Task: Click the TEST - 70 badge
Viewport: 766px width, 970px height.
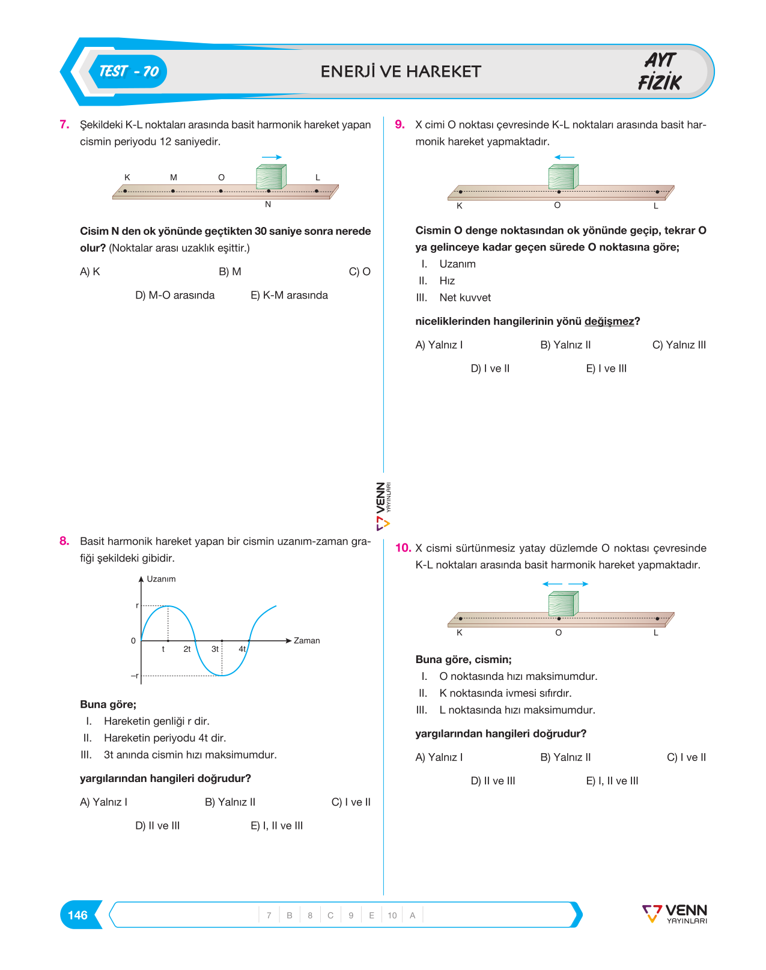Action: click(x=128, y=71)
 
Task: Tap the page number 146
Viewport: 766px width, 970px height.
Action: click(x=78, y=915)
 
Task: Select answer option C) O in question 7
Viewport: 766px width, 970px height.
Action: click(x=359, y=271)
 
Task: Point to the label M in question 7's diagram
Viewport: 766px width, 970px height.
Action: click(x=174, y=178)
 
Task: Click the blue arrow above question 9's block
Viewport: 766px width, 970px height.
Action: click(x=564, y=157)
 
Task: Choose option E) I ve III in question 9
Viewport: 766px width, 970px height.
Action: click(x=606, y=368)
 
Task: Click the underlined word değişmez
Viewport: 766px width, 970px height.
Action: click(x=609, y=321)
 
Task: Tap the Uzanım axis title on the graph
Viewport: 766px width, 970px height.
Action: click(x=161, y=579)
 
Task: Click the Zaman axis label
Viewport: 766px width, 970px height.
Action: click(x=306, y=640)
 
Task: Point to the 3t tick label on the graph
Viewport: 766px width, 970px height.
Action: click(x=215, y=649)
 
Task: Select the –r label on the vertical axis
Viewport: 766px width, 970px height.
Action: click(x=135, y=676)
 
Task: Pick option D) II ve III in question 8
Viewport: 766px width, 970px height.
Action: click(x=157, y=825)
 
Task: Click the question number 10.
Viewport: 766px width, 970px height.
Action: click(x=403, y=548)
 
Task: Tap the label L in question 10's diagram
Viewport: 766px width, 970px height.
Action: click(x=656, y=632)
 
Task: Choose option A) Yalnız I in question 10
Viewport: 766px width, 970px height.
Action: click(x=439, y=757)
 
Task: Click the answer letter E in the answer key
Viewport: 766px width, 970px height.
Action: click(x=371, y=915)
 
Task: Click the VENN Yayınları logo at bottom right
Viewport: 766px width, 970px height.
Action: click(x=675, y=914)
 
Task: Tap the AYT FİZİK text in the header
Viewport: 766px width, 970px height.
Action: click(x=660, y=71)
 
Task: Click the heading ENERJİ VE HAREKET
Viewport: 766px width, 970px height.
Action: click(x=401, y=71)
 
